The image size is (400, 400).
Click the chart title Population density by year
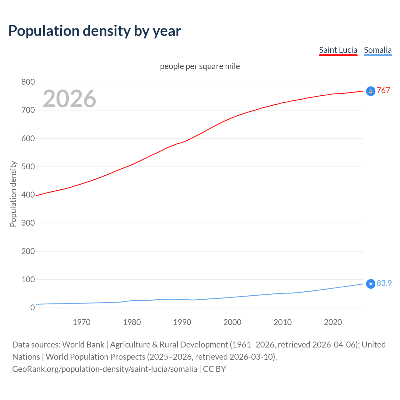point(95,31)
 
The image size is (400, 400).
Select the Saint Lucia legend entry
point(338,50)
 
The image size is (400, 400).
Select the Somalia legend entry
point(377,50)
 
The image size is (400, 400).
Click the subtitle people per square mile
point(200,66)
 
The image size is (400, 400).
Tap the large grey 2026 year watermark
point(69,99)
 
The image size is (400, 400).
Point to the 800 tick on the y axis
point(28,82)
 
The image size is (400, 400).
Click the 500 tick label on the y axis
point(28,167)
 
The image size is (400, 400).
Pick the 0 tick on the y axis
point(32,307)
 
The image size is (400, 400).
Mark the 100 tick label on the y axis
point(28,279)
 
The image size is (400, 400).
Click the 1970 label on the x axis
point(82,322)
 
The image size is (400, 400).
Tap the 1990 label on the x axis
point(182,322)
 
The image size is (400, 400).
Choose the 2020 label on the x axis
point(333,322)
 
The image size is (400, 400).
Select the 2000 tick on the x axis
point(232,322)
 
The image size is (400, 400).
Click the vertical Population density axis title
point(13,194)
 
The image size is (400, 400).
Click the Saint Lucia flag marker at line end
point(371,91)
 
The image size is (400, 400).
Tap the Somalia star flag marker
point(371,284)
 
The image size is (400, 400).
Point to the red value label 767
point(383,90)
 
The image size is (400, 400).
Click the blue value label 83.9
point(384,283)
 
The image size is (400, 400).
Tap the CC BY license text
point(214,369)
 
